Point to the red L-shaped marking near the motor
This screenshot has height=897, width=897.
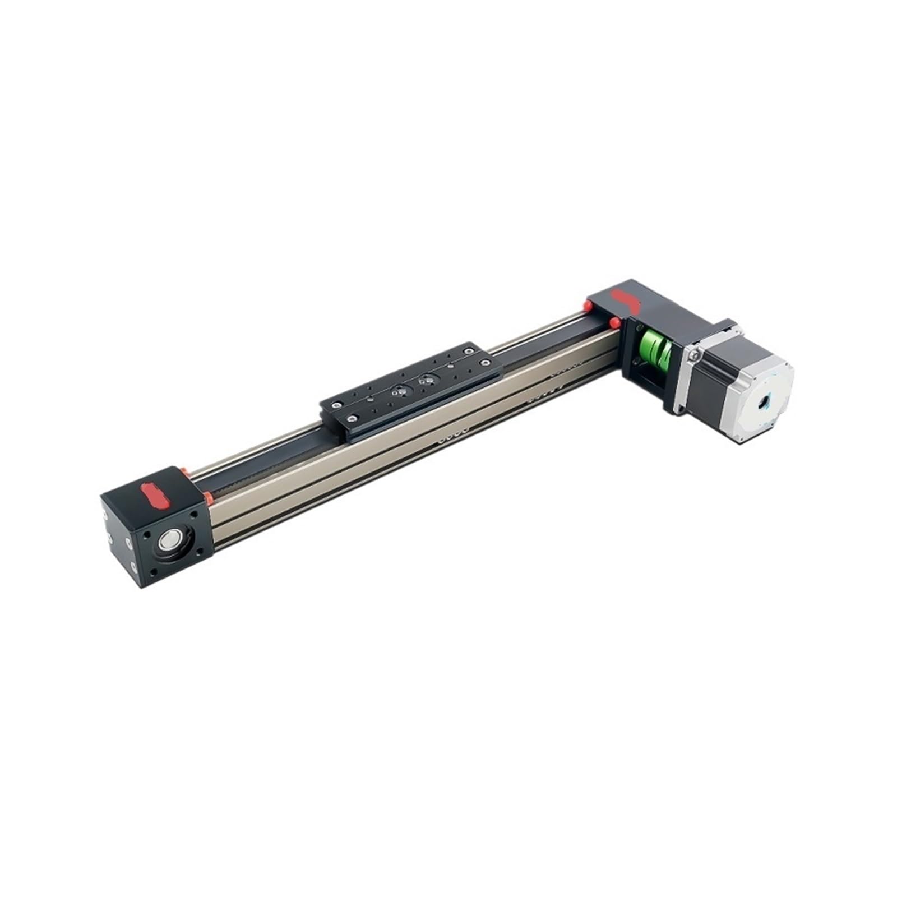[x=627, y=300]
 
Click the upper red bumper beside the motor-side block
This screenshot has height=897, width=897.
[x=588, y=306]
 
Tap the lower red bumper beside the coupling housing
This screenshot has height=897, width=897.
[x=615, y=322]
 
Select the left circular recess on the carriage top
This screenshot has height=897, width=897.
[x=400, y=391]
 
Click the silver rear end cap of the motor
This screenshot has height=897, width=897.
[x=762, y=401]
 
